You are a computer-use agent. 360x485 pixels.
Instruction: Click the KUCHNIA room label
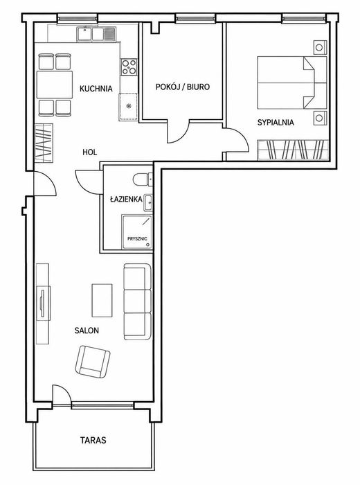click(x=96, y=89)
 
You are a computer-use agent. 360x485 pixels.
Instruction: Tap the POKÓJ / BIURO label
click(x=182, y=87)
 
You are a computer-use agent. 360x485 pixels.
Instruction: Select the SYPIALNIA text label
click(x=276, y=123)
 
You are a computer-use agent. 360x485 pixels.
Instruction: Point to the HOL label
click(x=89, y=152)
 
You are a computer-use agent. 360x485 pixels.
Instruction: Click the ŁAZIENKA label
click(x=127, y=199)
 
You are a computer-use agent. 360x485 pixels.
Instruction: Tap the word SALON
click(x=87, y=330)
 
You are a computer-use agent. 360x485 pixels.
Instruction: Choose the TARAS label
click(x=93, y=440)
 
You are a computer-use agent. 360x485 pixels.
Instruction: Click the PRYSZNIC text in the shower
click(x=137, y=239)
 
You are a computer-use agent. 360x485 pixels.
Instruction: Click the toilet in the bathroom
click(x=143, y=179)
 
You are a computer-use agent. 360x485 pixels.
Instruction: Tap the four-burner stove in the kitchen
click(x=129, y=67)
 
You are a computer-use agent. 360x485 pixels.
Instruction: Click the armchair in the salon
click(x=93, y=361)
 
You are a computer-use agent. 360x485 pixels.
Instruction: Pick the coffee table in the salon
click(x=102, y=300)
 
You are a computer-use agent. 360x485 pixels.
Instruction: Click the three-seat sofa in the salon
click(x=138, y=301)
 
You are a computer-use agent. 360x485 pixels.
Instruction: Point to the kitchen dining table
click(x=55, y=85)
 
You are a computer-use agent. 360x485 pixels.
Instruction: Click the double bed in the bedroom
click(x=292, y=82)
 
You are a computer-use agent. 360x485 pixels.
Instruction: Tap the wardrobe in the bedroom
click(x=293, y=150)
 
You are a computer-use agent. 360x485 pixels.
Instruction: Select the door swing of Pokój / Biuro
click(x=178, y=132)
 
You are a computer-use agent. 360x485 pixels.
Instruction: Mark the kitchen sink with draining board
click(x=96, y=34)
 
